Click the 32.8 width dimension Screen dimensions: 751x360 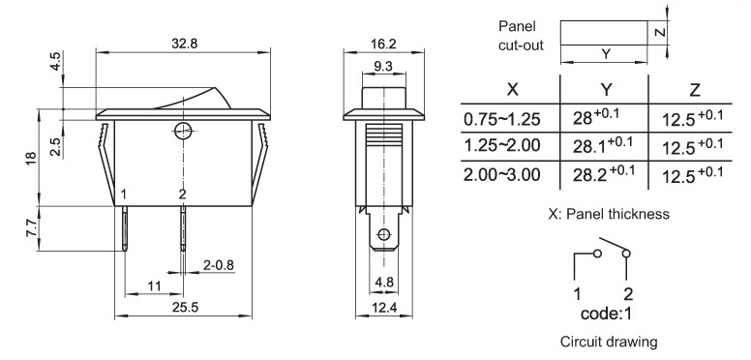point(185,44)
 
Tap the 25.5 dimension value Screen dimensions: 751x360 point(186,307)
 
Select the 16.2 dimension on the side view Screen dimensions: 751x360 point(383,44)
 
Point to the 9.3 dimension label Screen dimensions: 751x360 point(383,66)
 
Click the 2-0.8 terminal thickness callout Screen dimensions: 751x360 point(219,265)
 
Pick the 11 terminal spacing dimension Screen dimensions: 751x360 point(154,286)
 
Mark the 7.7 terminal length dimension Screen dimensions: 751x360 point(32,227)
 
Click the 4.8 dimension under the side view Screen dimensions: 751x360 point(383,283)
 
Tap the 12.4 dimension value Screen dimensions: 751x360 point(384,308)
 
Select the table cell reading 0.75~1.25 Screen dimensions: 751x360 point(501,119)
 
